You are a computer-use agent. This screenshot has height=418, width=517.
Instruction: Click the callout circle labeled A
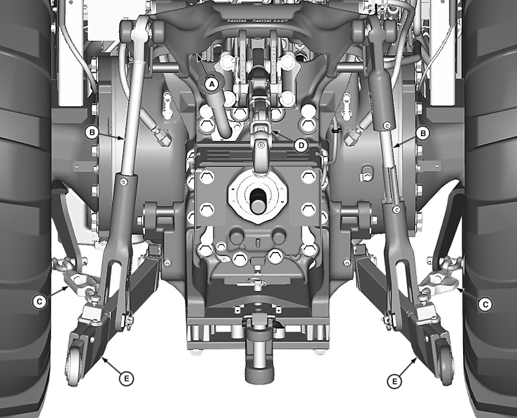211,84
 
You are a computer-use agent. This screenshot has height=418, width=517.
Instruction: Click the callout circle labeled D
301,145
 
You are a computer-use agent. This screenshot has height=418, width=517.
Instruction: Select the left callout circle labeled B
92,133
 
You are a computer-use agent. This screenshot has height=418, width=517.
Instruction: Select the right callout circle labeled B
423,133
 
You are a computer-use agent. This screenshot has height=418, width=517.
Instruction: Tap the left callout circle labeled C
40,302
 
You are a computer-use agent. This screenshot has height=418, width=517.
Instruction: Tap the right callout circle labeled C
485,304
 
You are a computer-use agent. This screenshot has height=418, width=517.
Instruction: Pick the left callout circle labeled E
126,378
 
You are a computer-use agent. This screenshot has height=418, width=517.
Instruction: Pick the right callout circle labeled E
394,381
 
